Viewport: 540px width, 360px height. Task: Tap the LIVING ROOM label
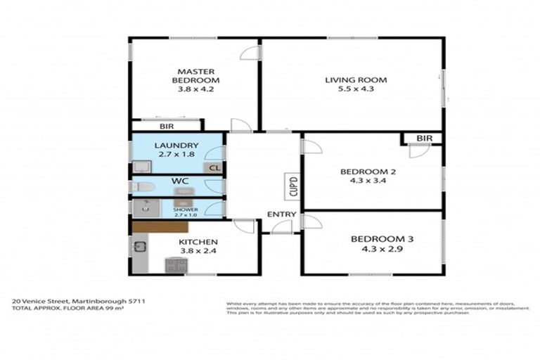(x=355, y=79)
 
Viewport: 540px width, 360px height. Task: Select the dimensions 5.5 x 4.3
(x=355, y=90)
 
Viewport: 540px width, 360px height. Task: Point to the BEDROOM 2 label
(x=364, y=172)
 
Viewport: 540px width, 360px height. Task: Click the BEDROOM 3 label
(x=382, y=239)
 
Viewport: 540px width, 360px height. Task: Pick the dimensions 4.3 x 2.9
(x=382, y=250)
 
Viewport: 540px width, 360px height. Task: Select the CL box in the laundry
(x=214, y=168)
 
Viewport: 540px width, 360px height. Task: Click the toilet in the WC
(x=142, y=187)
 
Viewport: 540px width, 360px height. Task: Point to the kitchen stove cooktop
(x=175, y=265)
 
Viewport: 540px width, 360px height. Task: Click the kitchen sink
(x=140, y=247)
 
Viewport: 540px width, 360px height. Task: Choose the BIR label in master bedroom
(x=166, y=127)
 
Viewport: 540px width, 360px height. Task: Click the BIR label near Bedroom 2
(x=424, y=139)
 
